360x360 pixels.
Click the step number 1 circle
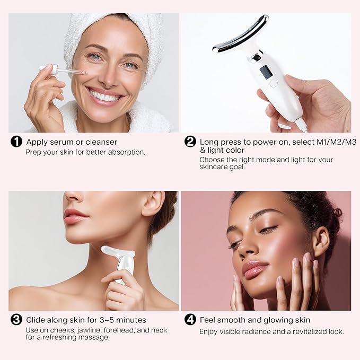pos(17,142)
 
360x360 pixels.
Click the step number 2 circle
pos(190,142)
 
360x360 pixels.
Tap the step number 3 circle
pos(17,320)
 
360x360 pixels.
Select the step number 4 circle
pos(190,320)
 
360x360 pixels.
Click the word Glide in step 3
pos(37,320)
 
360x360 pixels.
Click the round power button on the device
pos(273,83)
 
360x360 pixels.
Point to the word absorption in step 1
pos(125,152)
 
